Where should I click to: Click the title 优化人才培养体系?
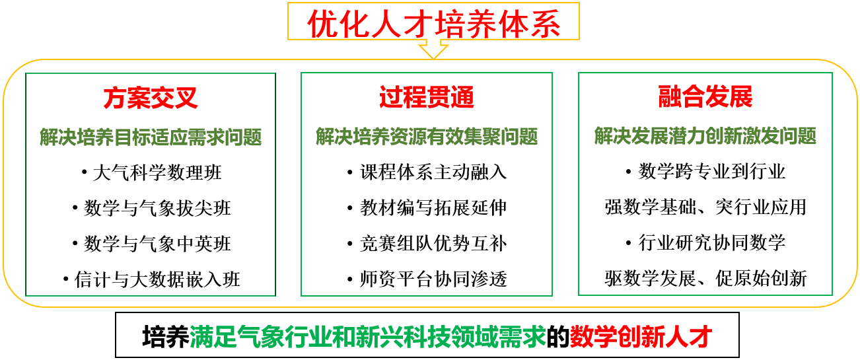click(434, 24)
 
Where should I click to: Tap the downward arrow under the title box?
click(433, 49)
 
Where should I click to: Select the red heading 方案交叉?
click(150, 98)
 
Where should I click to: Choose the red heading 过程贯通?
click(427, 96)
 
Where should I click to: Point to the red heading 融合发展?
click(705, 96)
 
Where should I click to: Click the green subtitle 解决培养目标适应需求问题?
click(151, 137)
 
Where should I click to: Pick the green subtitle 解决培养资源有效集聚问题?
click(427, 136)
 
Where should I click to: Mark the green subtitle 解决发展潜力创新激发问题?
click(705, 136)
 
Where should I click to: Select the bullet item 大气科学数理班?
click(157, 172)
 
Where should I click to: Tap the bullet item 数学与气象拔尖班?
click(157, 208)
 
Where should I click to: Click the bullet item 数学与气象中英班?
click(157, 244)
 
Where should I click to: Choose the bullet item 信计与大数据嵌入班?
click(157, 279)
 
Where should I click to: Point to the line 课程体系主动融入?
click(433, 172)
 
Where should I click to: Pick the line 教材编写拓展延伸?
click(433, 207)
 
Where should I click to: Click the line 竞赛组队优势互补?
click(433, 243)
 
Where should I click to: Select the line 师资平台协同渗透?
click(433, 279)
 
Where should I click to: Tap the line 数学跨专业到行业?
click(712, 171)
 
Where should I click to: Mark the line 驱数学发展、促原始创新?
click(705, 278)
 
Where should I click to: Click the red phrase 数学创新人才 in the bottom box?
click(641, 337)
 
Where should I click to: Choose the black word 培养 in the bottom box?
click(166, 337)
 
